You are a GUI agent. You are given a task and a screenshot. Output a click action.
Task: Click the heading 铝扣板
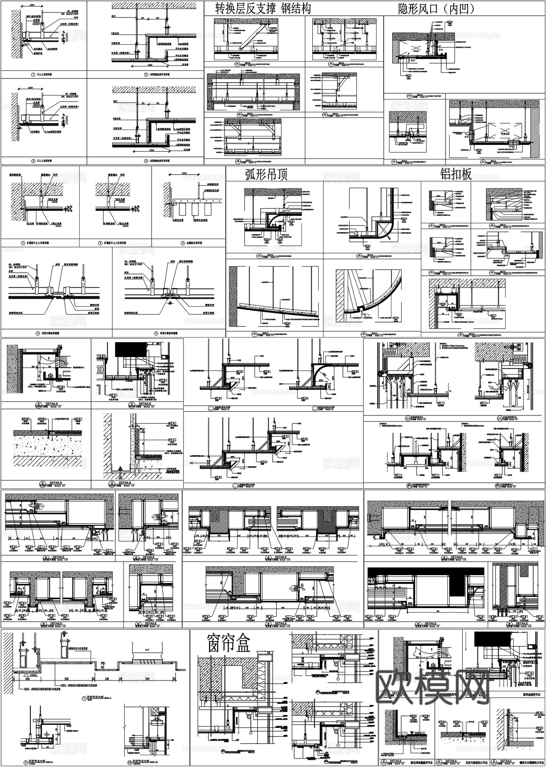[456, 174]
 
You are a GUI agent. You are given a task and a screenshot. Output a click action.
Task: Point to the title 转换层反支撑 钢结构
[262, 8]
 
